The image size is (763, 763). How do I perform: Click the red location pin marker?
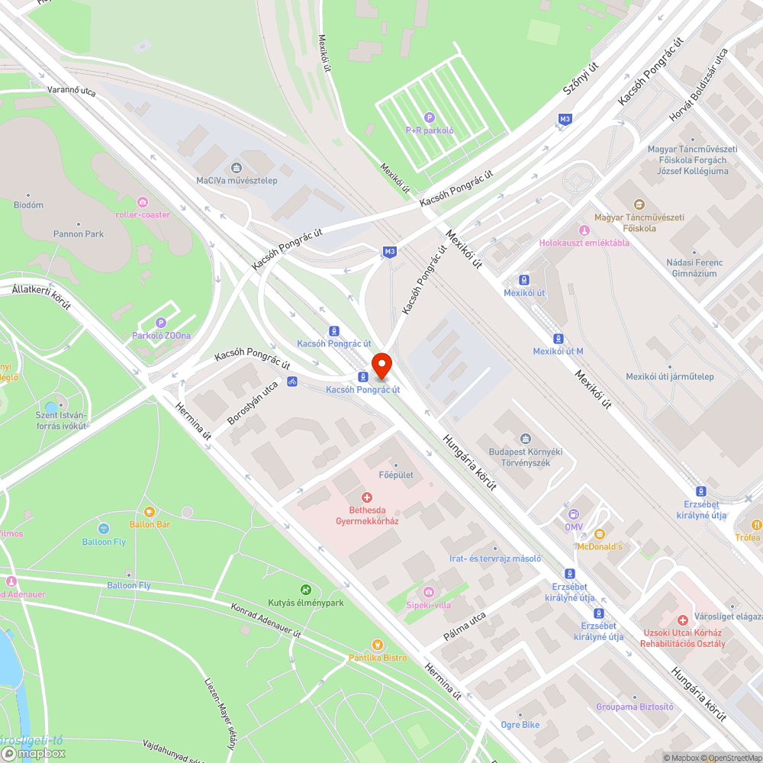[381, 365]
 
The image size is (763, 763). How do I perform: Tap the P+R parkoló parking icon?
[430, 118]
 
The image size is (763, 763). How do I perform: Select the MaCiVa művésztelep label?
[237, 181]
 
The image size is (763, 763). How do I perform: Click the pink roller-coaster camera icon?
[143, 202]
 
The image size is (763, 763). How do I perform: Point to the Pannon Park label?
[79, 234]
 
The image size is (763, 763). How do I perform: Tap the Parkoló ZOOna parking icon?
[161, 323]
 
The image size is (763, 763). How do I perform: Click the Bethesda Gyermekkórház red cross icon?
[367, 497]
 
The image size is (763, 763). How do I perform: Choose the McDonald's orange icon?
[599, 533]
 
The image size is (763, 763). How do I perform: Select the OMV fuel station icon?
[574, 514]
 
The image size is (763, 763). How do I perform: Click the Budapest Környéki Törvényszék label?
[525, 456]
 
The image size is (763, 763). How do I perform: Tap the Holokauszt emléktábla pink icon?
[584, 230]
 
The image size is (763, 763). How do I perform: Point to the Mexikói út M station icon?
[559, 338]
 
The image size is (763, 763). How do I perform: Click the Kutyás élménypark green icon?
[306, 590]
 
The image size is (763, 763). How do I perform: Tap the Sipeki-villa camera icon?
[429, 592]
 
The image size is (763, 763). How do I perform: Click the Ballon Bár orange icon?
[150, 511]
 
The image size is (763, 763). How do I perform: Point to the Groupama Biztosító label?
[635, 707]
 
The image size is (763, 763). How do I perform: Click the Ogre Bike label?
[520, 725]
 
